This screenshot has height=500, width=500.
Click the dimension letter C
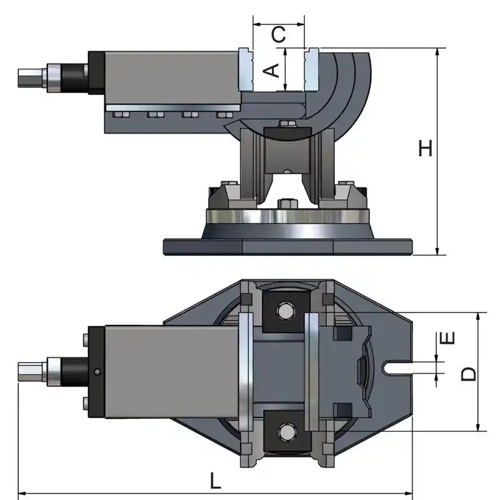279,35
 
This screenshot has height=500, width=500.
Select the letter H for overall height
426,149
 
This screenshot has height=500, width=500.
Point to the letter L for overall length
215,481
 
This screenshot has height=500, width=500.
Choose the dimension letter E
447,338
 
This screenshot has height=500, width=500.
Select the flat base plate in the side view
287,246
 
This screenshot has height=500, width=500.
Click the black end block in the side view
96,72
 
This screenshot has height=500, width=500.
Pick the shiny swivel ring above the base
287,217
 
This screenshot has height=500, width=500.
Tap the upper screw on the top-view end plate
84,340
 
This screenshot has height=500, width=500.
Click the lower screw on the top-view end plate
84,402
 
